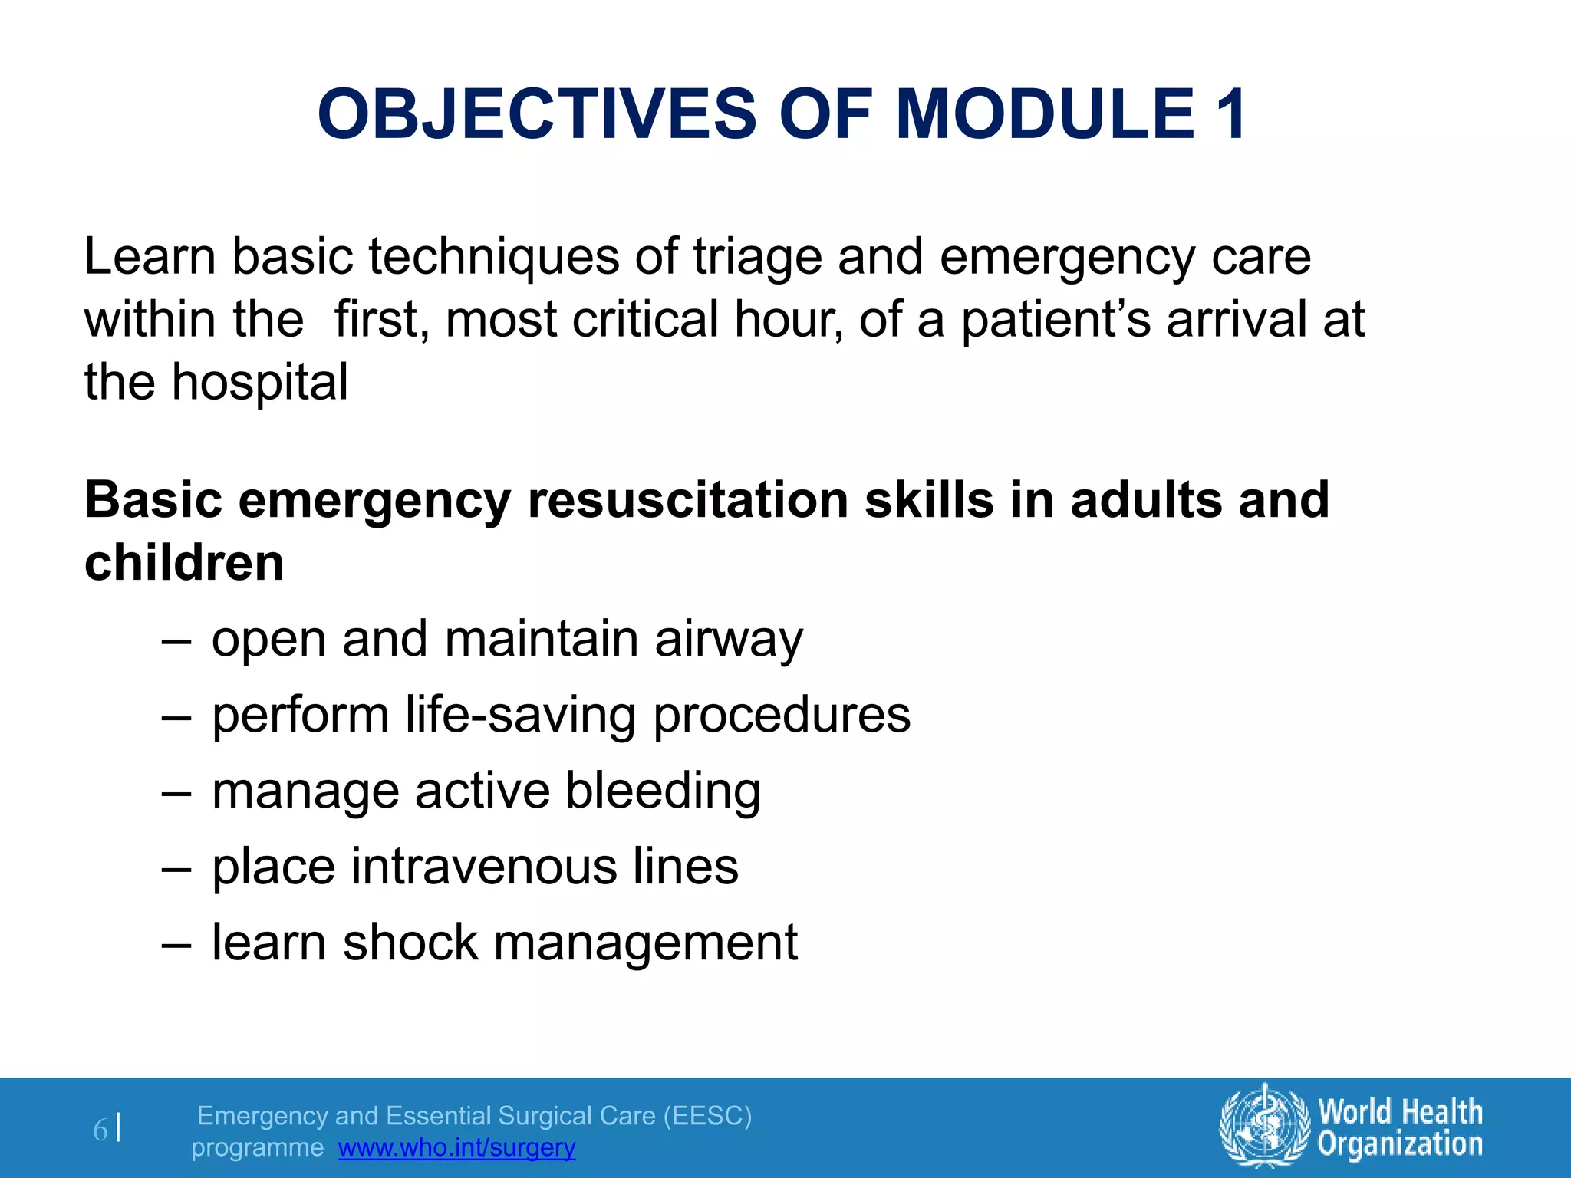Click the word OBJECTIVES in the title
click(537, 115)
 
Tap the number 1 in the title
click(1230, 115)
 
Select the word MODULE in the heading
click(1045, 115)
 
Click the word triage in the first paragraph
click(757, 258)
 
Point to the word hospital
click(259, 383)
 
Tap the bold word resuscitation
click(688, 500)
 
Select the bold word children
click(184, 563)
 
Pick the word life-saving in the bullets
click(520, 716)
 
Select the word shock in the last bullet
click(410, 943)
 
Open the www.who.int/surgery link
click(456, 1148)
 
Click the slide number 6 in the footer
click(100, 1130)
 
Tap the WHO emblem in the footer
click(1263, 1127)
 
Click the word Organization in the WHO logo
click(1400, 1144)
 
